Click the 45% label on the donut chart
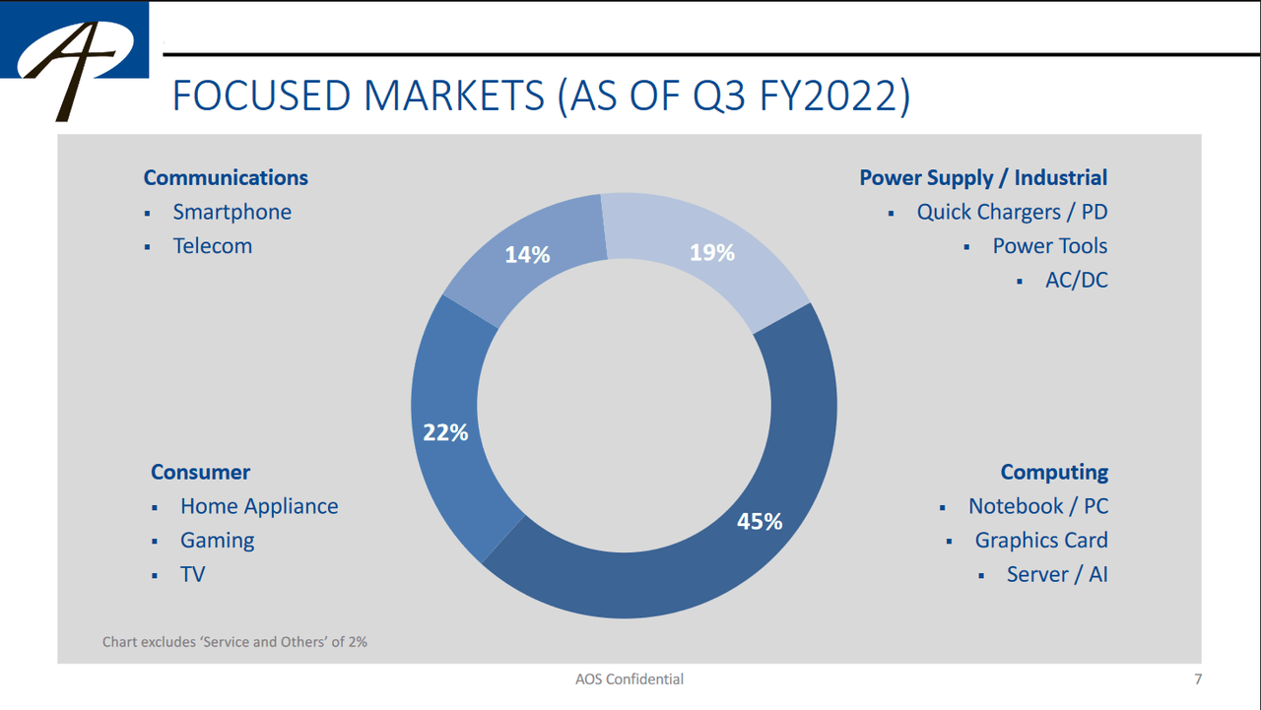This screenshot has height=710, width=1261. pyautogui.click(x=760, y=522)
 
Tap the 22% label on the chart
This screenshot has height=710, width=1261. pyautogui.click(x=445, y=432)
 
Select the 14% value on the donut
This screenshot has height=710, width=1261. pyautogui.click(x=527, y=255)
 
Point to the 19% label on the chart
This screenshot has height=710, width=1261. pyautogui.click(x=712, y=253)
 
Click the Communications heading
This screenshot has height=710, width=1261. pyautogui.click(x=226, y=178)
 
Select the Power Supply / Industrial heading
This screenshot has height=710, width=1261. pyautogui.click(x=983, y=178)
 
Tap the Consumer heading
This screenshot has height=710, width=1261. pyautogui.click(x=201, y=473)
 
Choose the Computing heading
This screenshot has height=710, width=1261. pyautogui.click(x=1054, y=473)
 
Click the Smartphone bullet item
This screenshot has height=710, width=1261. pyautogui.click(x=232, y=213)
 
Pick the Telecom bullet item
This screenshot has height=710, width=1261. pyautogui.click(x=213, y=246)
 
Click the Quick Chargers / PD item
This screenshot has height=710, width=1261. pyautogui.click(x=1012, y=213)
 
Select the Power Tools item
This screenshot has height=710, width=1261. pyautogui.click(x=1050, y=246)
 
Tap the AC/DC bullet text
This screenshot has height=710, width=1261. pyautogui.click(x=1076, y=281)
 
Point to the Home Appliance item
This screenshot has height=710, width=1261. pyautogui.click(x=259, y=507)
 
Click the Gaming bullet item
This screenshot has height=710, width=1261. pyautogui.click(x=218, y=541)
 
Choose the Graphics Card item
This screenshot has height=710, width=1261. pyautogui.click(x=1041, y=541)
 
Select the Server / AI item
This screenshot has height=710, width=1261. pyautogui.click(x=1057, y=574)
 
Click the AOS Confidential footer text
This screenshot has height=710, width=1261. pyautogui.click(x=630, y=679)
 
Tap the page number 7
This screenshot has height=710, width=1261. pyautogui.click(x=1198, y=679)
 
